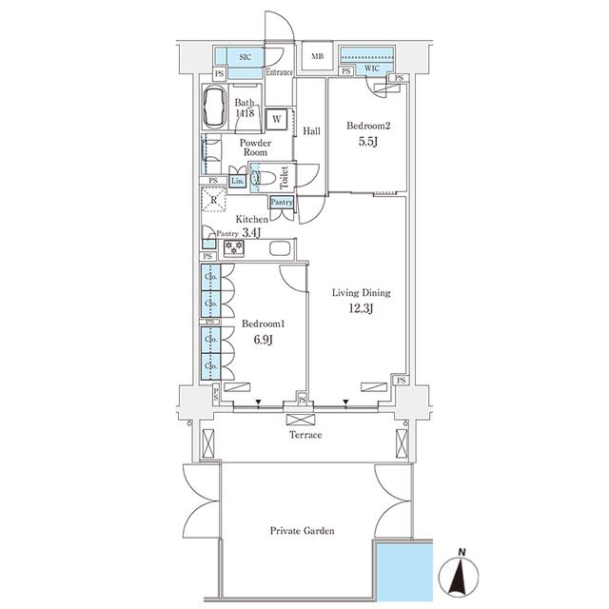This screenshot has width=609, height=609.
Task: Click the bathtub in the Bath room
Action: coord(214,107)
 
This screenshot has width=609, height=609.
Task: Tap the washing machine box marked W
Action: coord(277,118)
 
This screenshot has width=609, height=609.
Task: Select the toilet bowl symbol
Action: coord(265,178)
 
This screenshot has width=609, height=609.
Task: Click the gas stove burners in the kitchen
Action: coord(234,247)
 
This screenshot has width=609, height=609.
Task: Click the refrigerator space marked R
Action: coord(213,200)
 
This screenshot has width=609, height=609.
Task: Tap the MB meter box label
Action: coord(317,56)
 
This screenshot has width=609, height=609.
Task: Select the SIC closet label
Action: coord(246,57)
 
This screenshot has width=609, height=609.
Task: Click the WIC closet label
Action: coord(372,69)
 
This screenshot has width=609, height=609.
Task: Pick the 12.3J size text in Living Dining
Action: coord(361,308)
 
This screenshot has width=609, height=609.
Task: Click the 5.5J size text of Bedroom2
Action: coord(368,142)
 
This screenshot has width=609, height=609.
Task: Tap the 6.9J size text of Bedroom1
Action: coord(263,340)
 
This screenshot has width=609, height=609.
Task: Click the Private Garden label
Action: coord(303,531)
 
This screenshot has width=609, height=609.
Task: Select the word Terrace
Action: coord(305,435)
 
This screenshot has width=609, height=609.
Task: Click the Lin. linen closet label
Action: coord(237,181)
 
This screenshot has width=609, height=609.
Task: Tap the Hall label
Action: coord(311,131)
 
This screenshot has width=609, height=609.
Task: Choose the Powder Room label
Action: coord(255,147)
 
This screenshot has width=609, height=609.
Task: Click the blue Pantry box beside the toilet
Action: coord(282,203)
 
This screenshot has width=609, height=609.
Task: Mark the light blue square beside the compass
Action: coord(404,572)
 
